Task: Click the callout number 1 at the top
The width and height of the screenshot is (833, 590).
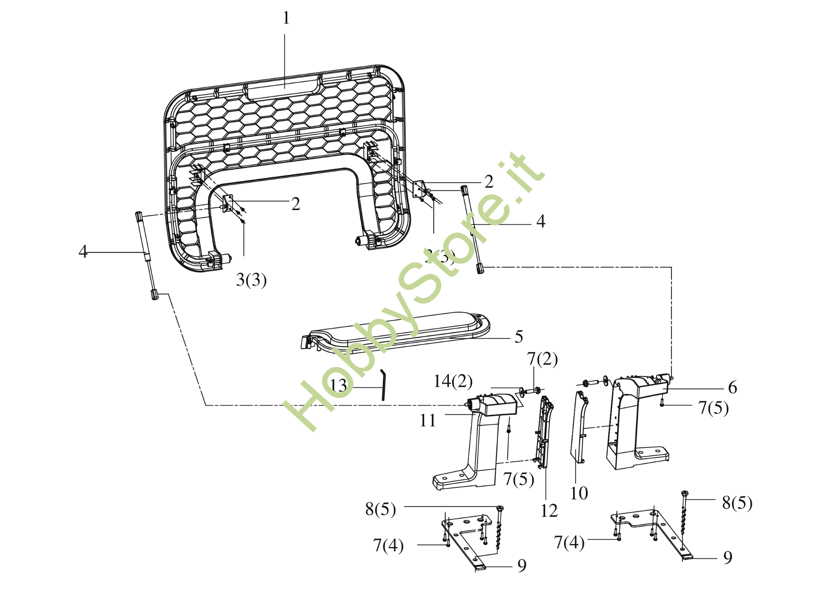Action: click(x=286, y=18)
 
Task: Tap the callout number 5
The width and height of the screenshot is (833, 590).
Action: click(x=519, y=336)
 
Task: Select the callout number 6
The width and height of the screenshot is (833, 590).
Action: click(x=732, y=387)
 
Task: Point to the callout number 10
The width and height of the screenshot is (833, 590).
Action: click(x=579, y=493)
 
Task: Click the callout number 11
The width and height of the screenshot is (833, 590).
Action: click(x=427, y=420)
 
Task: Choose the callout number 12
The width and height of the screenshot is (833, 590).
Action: click(x=549, y=511)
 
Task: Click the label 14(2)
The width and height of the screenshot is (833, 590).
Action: click(x=453, y=381)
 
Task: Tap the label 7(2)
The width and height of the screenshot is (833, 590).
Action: click(x=542, y=359)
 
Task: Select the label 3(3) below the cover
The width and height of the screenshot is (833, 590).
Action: click(x=252, y=280)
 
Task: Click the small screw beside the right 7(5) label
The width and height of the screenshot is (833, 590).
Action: click(x=662, y=403)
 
